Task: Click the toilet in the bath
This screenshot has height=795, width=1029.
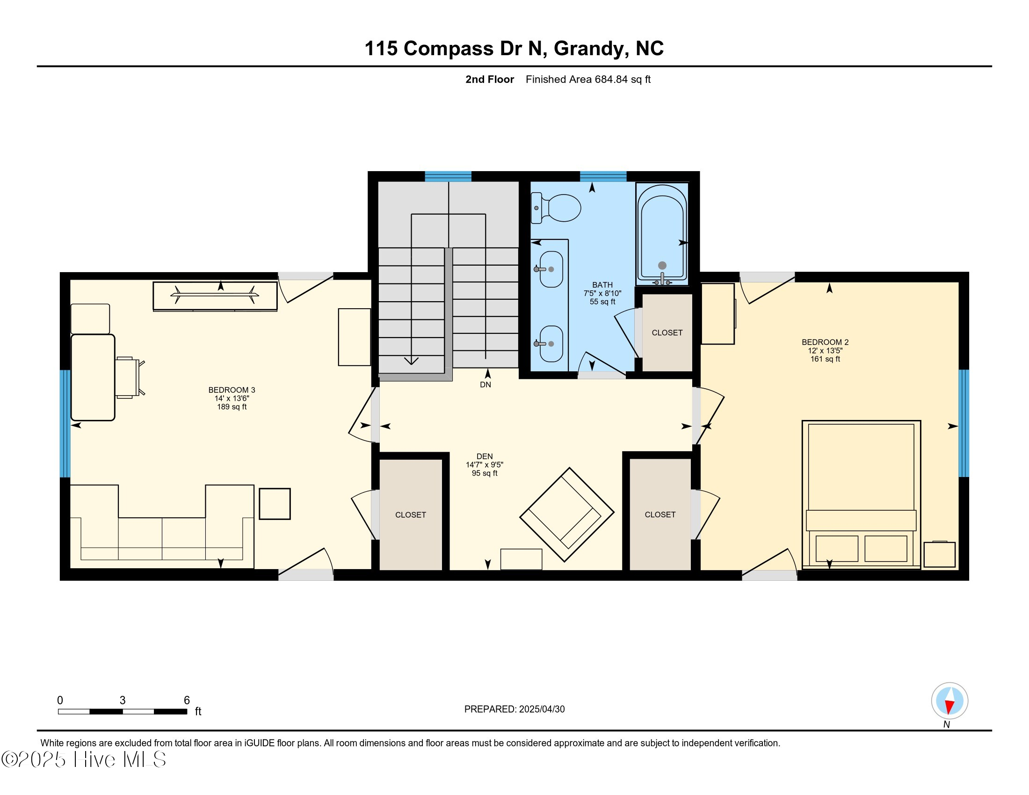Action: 556,208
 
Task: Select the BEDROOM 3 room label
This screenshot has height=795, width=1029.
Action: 232,390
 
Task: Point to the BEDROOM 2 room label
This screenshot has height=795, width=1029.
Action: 825,342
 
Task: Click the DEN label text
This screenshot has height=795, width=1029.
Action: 485,456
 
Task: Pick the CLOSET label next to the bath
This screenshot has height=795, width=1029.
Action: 667,332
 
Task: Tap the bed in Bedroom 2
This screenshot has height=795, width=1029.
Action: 861,494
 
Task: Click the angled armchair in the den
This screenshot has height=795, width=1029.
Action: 567,514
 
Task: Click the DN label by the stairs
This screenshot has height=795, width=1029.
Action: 486,385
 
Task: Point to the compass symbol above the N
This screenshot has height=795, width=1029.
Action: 949,701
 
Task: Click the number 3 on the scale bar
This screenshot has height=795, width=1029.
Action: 123,701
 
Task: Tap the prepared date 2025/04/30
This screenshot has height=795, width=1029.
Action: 541,709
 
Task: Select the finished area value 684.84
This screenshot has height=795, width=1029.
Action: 611,79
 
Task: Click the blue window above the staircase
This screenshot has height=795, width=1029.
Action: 448,177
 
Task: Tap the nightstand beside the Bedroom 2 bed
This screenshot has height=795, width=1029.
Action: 940,554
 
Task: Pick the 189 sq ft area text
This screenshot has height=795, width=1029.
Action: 232,407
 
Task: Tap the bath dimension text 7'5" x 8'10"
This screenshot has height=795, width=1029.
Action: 602,293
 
